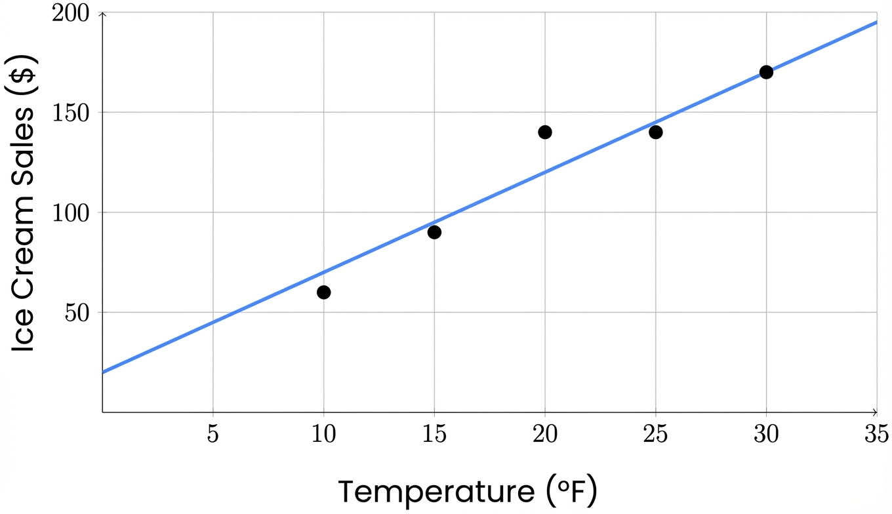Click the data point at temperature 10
point(323,292)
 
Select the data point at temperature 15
point(434,232)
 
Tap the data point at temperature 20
point(545,132)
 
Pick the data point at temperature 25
point(656,132)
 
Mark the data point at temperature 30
point(766,72)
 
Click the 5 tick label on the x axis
point(213,434)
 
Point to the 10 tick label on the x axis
point(323,434)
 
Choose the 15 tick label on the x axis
point(434,434)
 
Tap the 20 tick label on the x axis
point(545,434)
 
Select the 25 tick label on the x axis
point(656,434)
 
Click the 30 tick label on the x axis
point(766,434)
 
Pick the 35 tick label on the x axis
point(876,434)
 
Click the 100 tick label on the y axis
point(73,212)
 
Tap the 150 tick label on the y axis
point(73,113)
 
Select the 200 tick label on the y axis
point(73,13)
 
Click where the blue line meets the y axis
point(103,372)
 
